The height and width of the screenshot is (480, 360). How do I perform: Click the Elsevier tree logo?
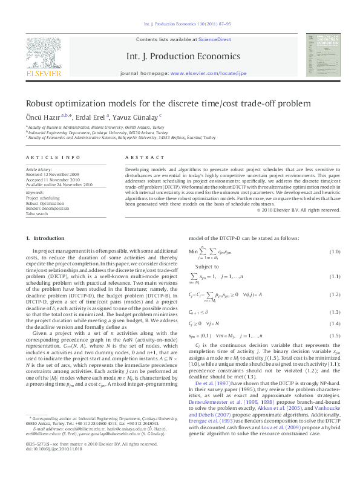(43, 55)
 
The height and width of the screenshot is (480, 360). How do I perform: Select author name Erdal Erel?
(93, 116)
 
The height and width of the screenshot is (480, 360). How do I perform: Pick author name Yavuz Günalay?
(136, 116)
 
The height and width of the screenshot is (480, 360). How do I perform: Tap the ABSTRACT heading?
(136, 158)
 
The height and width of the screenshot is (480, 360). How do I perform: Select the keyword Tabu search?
(37, 213)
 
